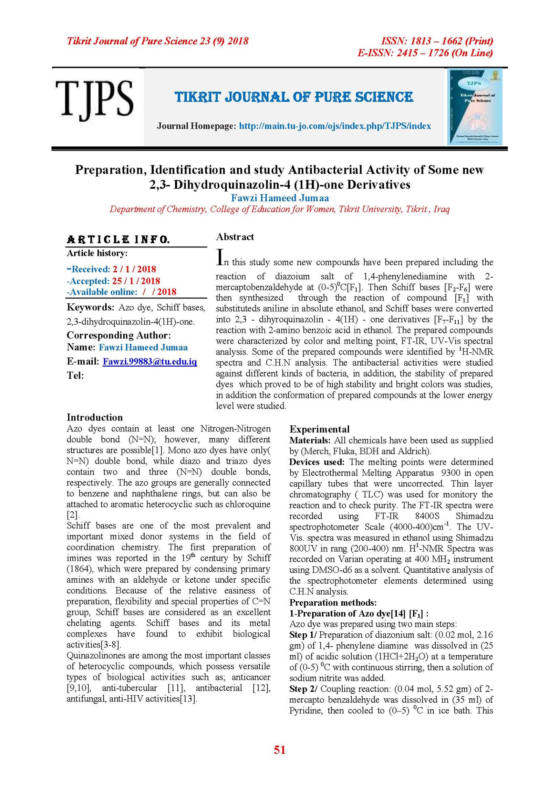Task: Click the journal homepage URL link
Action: coord(335,126)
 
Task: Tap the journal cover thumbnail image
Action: coord(475,107)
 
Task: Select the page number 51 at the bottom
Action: coord(280,750)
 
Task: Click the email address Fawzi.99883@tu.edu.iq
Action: coord(149,361)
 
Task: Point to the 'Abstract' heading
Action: coord(235,237)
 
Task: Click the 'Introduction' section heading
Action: coord(95,417)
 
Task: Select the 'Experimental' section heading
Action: coord(319,429)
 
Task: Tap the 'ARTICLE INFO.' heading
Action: coord(118,239)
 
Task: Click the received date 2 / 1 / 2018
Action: coord(134,269)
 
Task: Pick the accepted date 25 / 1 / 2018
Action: coord(136,281)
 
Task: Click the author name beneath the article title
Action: coord(280,198)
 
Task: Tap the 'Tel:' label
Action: coord(75,375)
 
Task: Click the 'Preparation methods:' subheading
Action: coord(332,603)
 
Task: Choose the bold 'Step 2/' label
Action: coord(303,689)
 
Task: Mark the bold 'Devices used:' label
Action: coord(316,462)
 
